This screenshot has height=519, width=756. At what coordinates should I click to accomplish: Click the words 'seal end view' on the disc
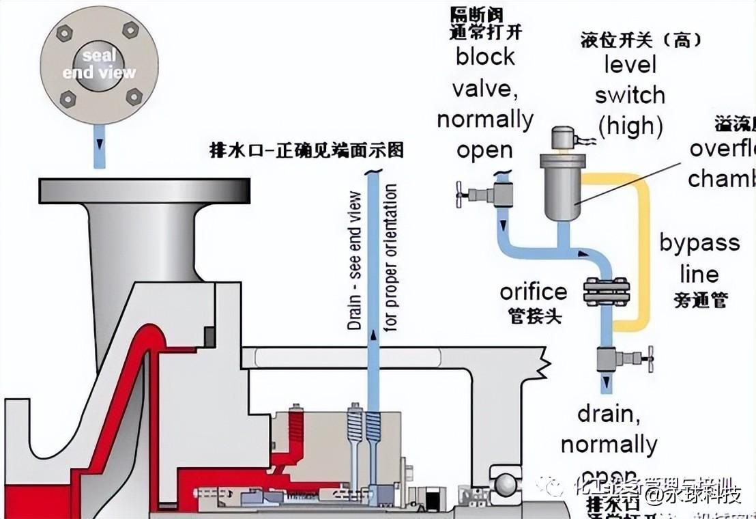point(99,63)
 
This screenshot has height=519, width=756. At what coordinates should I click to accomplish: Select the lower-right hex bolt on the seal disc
point(134,97)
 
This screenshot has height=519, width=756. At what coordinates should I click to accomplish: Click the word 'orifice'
point(533,292)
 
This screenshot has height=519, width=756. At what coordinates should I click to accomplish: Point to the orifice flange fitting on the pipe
point(605,292)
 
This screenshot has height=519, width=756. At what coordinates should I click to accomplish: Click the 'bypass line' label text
point(699,258)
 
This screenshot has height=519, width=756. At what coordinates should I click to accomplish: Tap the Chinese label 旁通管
point(701,300)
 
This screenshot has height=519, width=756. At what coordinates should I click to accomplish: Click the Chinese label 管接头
point(534,316)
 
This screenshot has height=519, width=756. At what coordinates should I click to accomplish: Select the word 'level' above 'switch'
point(629,65)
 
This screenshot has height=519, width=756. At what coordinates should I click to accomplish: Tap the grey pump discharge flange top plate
point(144,191)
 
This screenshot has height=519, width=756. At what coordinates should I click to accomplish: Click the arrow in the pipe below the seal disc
point(100,145)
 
